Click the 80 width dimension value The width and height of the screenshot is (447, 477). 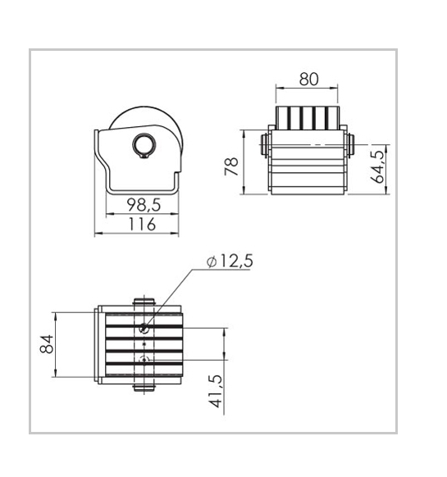coord(308,79)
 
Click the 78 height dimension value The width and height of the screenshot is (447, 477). coord(231,166)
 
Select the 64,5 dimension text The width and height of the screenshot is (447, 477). coord(379,166)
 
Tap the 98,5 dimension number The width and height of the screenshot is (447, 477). coord(144,205)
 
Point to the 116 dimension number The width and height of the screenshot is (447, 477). coord(142,225)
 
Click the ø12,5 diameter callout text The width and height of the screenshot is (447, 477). coord(230,261)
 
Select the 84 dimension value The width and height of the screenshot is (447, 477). coord(47,344)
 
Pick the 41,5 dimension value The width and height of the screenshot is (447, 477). coord(216,391)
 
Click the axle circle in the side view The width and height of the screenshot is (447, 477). coord(144,145)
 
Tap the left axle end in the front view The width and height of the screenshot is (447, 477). coord(264,145)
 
